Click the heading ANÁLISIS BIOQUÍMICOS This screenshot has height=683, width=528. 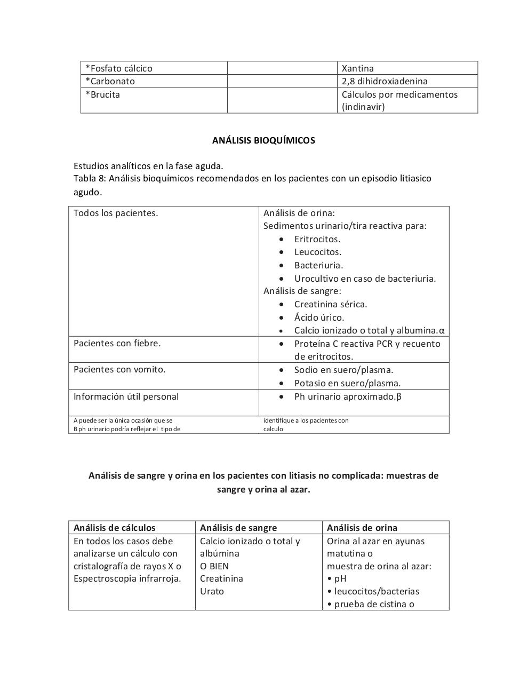(263, 140)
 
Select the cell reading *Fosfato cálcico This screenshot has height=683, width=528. (119, 68)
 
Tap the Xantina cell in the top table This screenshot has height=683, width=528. (357, 68)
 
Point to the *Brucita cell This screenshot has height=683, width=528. (103, 94)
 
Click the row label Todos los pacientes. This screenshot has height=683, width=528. (116, 213)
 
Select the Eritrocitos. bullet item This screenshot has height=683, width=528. (317, 239)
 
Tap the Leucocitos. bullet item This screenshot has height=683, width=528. (317, 252)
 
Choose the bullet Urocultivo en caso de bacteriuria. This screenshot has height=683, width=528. (365, 279)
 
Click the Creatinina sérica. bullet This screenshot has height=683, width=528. (330, 304)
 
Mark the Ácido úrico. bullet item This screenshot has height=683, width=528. (319, 317)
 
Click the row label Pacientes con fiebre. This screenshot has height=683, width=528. (117, 343)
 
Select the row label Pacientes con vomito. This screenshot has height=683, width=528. (119, 369)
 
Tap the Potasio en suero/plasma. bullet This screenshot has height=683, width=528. (347, 383)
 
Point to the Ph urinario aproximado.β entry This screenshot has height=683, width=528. (348, 396)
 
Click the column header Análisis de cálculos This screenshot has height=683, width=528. (114, 528)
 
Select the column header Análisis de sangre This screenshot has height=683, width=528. (238, 528)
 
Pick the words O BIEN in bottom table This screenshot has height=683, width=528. (214, 566)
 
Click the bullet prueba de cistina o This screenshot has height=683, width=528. (374, 604)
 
